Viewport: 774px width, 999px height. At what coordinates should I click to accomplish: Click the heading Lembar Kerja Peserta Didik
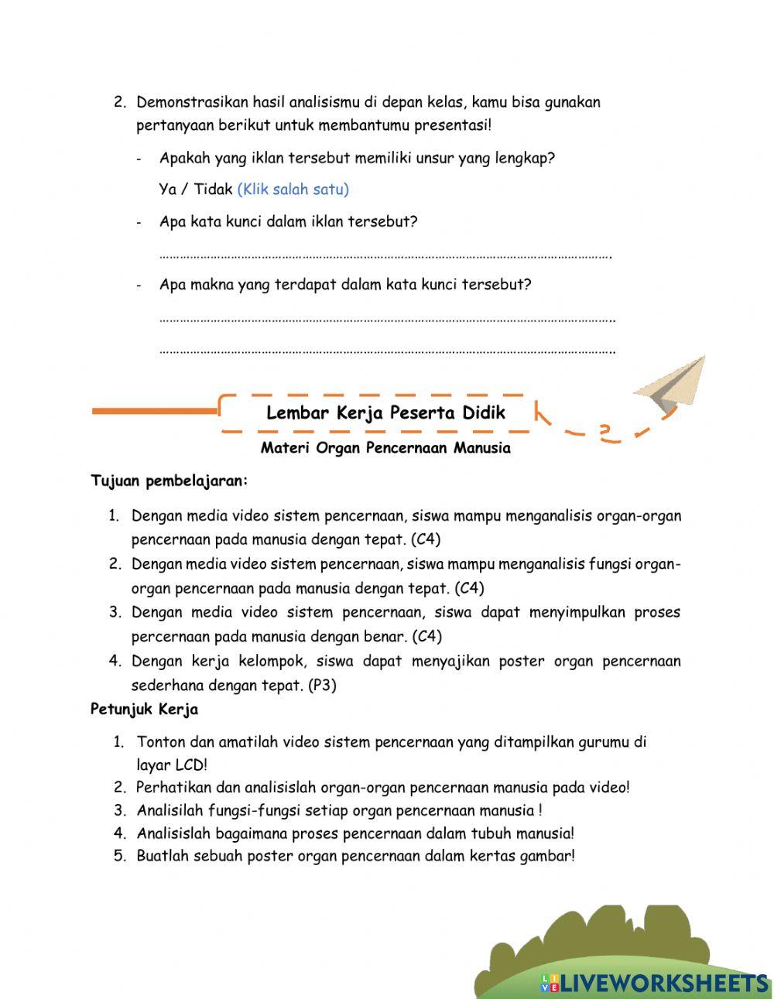385,413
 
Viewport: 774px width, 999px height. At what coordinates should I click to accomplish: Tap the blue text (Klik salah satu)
293,190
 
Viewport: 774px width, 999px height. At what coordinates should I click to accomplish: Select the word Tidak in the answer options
213,190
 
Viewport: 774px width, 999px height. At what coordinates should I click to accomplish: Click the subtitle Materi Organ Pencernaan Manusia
385,448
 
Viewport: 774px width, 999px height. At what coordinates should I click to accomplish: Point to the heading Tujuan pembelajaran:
170,481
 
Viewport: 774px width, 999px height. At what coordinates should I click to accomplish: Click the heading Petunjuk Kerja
144,709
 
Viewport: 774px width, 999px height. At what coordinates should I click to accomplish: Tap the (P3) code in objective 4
322,686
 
